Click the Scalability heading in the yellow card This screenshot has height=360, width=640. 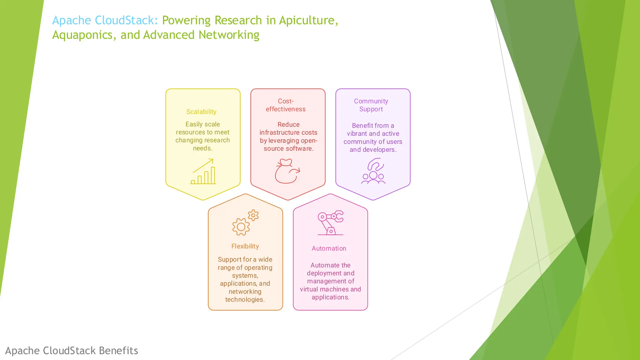(201, 112)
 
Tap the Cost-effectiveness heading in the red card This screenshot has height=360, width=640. (286, 105)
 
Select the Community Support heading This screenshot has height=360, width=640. (371, 105)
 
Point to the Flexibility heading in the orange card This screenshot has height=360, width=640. (245, 246)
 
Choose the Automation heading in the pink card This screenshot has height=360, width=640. (329, 248)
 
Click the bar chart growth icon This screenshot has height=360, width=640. (203, 172)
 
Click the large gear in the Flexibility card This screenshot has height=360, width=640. (241, 227)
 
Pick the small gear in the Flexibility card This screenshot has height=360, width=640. (253, 215)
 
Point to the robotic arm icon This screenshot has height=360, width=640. (330, 222)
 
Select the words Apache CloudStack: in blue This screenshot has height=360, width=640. (105, 20)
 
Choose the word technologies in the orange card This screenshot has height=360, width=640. (245, 300)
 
